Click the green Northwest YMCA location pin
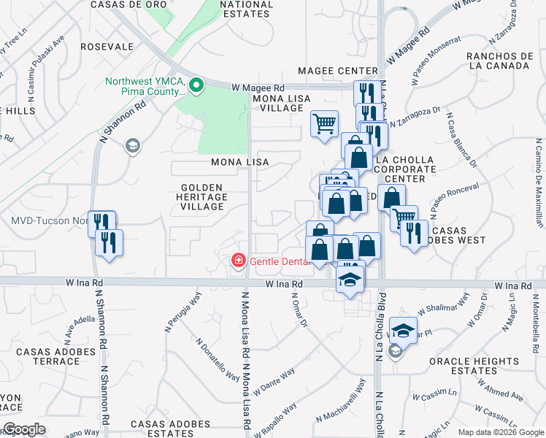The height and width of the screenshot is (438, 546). click(196, 86)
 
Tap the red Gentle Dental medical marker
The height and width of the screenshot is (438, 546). click(238, 261)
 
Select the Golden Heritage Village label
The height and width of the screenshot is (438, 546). click(202, 197)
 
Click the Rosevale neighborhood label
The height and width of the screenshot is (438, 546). click(107, 46)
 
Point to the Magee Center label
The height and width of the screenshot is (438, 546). click(338, 71)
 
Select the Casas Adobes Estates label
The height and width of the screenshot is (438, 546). click(170, 429)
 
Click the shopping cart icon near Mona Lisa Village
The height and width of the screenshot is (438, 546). click(324, 123)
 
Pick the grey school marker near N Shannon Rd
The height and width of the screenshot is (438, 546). click(132, 146)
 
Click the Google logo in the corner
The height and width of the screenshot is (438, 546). click(24, 429)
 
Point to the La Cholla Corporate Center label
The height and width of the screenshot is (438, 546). click(404, 169)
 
